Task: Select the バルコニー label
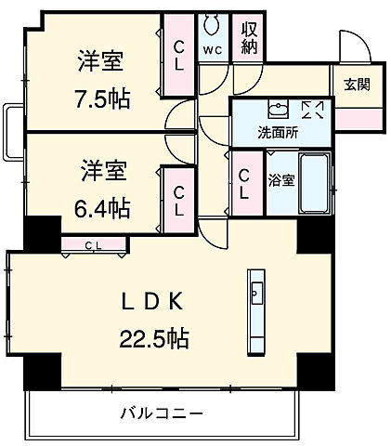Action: pyautogui.click(x=161, y=412)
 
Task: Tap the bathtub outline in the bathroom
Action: pyautogui.click(x=313, y=182)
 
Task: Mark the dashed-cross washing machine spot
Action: pyautogui.click(x=312, y=110)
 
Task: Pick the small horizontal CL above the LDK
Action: pyautogui.click(x=94, y=245)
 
